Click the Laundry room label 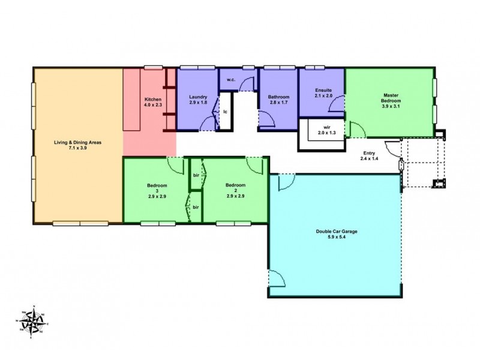tap(198, 100)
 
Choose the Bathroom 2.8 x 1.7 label tap(279, 100)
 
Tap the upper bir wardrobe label tap(196, 175)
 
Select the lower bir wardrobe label tap(196, 207)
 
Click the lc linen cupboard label tap(225, 112)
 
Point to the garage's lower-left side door tap(275, 278)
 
